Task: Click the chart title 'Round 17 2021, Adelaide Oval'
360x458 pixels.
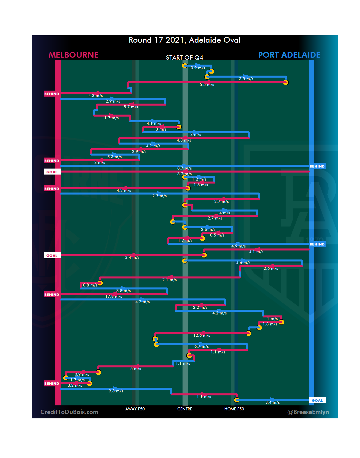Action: [184, 40]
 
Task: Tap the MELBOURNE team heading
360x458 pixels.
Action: [74, 55]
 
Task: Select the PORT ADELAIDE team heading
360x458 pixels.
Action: [289, 55]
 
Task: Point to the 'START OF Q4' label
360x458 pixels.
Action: [184, 58]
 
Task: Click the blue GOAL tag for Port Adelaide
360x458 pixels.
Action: [317, 400]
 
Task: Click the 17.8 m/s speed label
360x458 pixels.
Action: [114, 296]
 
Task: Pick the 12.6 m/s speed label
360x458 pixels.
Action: [202, 335]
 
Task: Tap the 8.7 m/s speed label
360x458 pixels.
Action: [184, 168]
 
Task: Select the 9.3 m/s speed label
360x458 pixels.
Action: [116, 391]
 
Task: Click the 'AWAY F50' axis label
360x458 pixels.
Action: [135, 409]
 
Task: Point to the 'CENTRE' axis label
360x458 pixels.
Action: [185, 409]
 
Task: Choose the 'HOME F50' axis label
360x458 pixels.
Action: [234, 409]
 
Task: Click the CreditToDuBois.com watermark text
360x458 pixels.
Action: [69, 412]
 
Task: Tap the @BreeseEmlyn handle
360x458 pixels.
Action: [308, 412]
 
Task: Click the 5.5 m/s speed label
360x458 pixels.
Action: [207, 85]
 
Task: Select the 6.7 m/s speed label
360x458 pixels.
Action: [201, 346]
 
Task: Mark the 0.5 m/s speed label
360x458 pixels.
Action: [217, 235]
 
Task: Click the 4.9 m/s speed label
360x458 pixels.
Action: [238, 246]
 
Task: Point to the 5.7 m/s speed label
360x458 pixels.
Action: [131, 107]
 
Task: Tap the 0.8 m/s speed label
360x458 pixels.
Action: [90, 285]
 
